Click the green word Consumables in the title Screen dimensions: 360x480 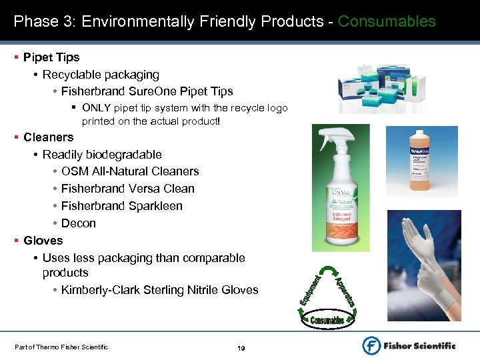[387, 21]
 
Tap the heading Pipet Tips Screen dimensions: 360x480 [51, 57]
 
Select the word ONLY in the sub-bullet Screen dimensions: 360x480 [96, 108]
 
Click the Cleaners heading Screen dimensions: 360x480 [48, 137]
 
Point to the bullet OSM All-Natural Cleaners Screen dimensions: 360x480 [130, 171]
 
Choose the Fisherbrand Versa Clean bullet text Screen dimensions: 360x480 [127, 189]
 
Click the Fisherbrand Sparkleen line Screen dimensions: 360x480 [121, 206]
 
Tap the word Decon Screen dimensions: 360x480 [79, 223]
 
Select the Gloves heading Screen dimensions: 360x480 [43, 241]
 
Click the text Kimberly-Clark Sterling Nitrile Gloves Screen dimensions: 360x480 [159, 290]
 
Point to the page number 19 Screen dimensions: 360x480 [242, 348]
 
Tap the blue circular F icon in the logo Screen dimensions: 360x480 [372, 345]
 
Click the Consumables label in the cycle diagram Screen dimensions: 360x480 [327, 320]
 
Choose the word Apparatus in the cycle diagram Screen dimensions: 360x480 [343, 288]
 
